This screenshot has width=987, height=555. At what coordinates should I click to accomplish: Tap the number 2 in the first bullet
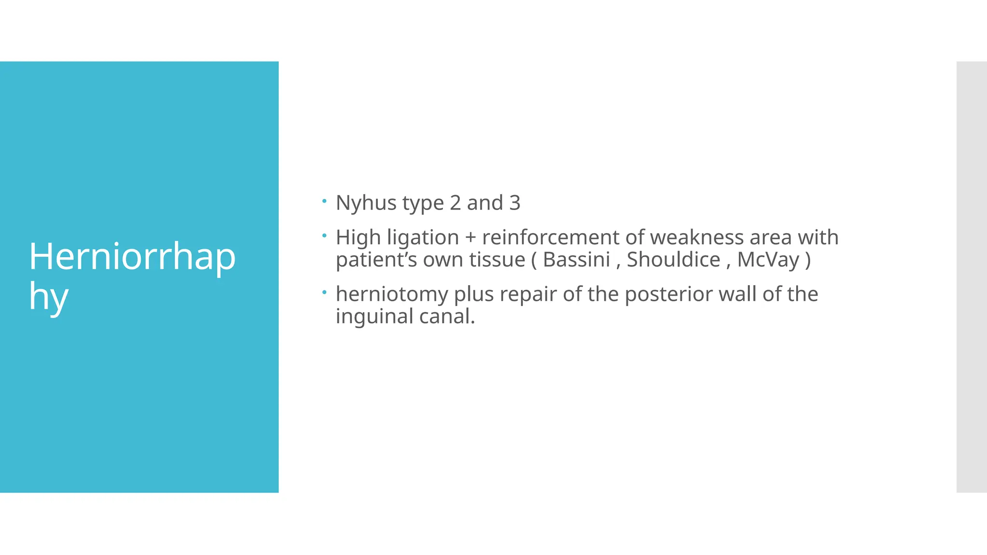pos(455,203)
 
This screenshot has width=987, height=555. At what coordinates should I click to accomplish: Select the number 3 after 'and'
pos(515,203)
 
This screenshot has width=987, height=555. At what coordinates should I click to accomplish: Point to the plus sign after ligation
pos(470,238)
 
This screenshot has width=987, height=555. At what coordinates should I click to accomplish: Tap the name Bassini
pos(576,260)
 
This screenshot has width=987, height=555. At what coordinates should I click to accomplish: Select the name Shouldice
pos(673,260)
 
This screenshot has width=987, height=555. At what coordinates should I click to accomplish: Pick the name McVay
pos(768,260)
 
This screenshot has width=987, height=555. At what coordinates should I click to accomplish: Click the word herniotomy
pos(392,294)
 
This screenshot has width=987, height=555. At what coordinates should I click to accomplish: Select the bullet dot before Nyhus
pos(324,200)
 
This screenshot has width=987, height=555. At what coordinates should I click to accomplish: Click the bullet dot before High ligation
pos(324,235)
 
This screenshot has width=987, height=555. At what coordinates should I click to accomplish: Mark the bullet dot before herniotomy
pos(324,291)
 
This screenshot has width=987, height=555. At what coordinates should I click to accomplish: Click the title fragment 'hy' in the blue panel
pos(48,296)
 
